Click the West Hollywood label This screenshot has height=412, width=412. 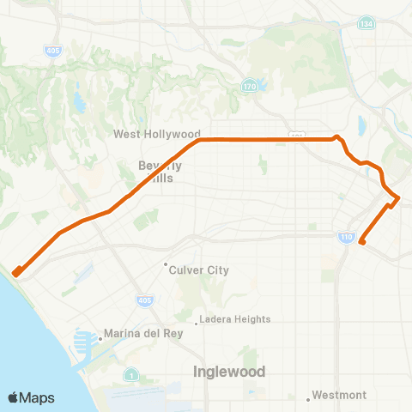[157, 135]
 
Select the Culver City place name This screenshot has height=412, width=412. [200, 270]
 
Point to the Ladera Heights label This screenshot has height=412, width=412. [235, 320]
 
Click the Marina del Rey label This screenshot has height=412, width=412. [139, 334]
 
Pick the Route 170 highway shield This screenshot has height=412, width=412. [249, 87]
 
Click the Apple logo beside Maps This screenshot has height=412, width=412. [14, 397]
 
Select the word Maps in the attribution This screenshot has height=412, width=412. [37, 397]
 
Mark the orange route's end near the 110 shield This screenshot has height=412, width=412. [362, 242]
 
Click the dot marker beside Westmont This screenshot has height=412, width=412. [309, 397]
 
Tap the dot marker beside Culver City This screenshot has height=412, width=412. [168, 264]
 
